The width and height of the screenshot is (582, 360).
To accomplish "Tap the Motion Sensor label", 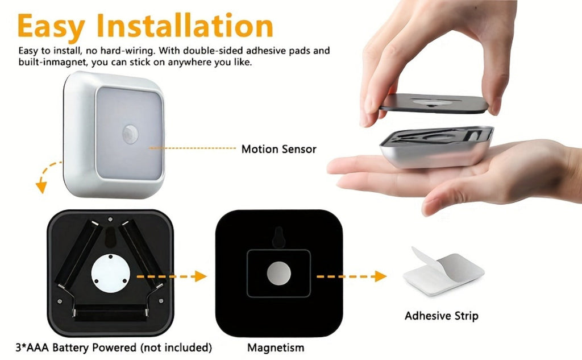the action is [278, 149].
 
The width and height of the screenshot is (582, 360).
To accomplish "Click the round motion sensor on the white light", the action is [130, 134].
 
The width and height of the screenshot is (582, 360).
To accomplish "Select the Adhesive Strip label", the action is [441, 316].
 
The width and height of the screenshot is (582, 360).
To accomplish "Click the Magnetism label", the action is [276, 347].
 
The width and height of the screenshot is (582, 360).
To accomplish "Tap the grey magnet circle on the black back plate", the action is [278, 274].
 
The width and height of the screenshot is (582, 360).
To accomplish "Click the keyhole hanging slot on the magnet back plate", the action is [278, 237].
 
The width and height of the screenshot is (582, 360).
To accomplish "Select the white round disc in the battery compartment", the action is [111, 273].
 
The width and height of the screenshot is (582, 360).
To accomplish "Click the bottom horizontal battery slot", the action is [110, 312].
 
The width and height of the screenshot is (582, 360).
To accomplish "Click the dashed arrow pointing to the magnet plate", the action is [172, 276].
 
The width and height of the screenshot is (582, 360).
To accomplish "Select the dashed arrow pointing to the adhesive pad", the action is [351, 276].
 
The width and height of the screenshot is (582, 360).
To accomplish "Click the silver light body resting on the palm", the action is [436, 146].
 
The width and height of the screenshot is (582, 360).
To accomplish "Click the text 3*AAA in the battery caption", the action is [32, 347].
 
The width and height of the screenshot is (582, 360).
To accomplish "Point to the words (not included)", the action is [176, 347].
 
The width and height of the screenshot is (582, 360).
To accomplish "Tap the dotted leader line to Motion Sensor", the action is [192, 148].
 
